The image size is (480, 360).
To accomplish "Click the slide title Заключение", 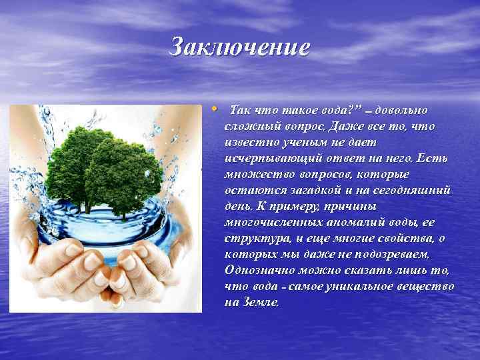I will point(240,47).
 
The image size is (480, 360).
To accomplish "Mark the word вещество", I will point(431,286).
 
